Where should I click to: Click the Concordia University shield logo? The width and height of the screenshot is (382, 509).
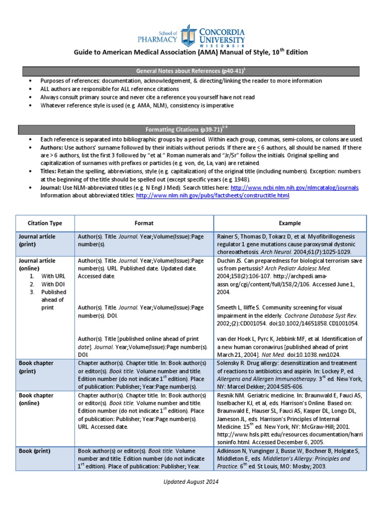(x=189, y=35)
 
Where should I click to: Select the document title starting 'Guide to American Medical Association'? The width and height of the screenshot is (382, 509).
(x=191, y=52)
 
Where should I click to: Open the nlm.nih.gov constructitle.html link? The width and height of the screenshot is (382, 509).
(x=212, y=196)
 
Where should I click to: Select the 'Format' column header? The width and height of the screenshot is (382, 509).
(x=144, y=223)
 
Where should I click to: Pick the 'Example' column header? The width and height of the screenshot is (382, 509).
(x=290, y=223)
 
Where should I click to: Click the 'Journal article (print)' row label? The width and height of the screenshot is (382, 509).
(x=37, y=241)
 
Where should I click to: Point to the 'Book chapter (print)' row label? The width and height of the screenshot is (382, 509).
(x=36, y=367)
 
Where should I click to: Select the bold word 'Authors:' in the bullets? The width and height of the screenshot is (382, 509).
(x=52, y=148)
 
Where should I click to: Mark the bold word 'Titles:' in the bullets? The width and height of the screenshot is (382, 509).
(x=50, y=171)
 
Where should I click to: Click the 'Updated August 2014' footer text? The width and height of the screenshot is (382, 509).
(x=191, y=482)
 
